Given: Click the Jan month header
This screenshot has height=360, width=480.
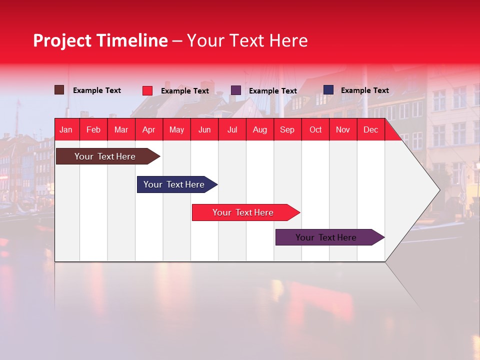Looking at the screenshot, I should click(x=66, y=130).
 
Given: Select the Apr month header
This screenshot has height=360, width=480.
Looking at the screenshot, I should click(x=148, y=130).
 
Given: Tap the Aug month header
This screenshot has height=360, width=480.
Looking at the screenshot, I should click(x=259, y=130).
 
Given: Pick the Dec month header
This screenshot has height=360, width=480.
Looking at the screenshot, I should click(x=370, y=130).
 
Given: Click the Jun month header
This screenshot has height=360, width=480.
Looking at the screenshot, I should click(x=204, y=130).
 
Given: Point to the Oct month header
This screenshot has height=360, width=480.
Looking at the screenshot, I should click(x=315, y=130).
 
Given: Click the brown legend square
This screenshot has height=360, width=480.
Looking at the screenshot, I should click(x=59, y=90).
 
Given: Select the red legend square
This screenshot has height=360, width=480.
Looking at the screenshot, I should click(x=147, y=90).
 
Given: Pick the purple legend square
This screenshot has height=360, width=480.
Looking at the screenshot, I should click(x=236, y=90).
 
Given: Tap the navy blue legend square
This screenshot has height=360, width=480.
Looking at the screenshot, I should click(x=328, y=90).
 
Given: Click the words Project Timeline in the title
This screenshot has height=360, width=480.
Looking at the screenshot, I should click(x=100, y=40).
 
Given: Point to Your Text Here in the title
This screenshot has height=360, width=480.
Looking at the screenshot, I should click(x=247, y=40).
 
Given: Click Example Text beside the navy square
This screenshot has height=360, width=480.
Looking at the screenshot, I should click(x=364, y=90).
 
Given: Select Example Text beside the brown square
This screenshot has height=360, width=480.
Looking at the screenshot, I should click(x=96, y=90).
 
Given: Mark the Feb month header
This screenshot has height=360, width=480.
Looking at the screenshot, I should click(x=93, y=130).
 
